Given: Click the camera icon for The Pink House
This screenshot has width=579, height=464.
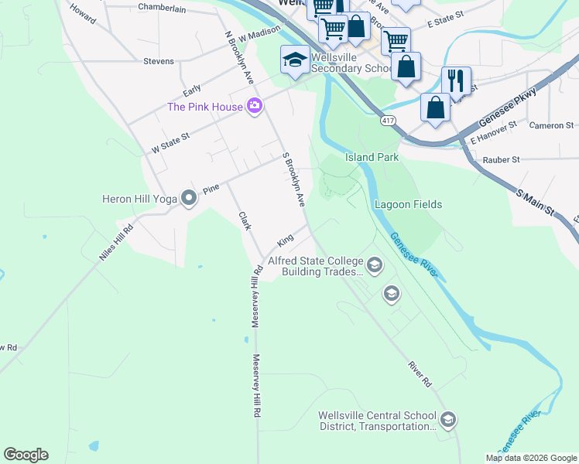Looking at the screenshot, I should click(254, 107).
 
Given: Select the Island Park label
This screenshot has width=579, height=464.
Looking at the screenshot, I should click(372, 157).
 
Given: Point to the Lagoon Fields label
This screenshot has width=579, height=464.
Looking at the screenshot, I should click(408, 204).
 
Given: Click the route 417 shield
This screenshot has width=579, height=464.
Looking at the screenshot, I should click(388, 121).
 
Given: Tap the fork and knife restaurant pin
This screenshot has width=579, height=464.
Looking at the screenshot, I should click(456, 80).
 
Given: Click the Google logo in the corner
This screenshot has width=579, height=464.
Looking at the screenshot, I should click(26, 455).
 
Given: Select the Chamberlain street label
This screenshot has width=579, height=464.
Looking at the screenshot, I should click(163, 7).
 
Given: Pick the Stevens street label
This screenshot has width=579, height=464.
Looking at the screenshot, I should click(158, 61).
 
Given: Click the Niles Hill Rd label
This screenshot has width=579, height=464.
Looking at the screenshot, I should click(116, 244).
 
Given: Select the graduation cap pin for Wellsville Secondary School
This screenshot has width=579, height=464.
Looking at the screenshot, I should click(295, 60).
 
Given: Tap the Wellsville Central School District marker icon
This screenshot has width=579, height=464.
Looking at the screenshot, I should click(448, 420).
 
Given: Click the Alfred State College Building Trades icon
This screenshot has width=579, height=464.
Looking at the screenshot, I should click(375, 266).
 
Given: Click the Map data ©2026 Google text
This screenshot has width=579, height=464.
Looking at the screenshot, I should click(530, 458).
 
